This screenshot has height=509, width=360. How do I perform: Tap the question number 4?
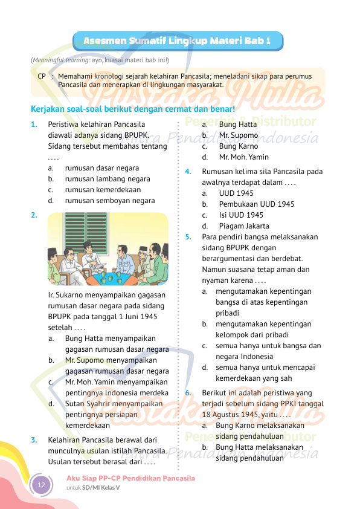coord(188,172)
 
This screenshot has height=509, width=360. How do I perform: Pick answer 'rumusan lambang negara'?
coord(103,179)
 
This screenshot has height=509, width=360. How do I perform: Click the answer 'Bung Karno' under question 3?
coord(238,146)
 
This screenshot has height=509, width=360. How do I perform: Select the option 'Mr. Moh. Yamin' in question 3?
coord(243,157)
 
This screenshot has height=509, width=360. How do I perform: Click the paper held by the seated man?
coord(95,264)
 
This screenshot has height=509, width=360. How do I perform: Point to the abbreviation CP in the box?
coord(42,76)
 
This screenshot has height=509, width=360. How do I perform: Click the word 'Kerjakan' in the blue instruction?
coord(48,109)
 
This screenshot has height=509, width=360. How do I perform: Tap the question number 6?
coord(188,393)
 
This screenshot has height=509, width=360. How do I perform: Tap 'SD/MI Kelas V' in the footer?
coord(101,487)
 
